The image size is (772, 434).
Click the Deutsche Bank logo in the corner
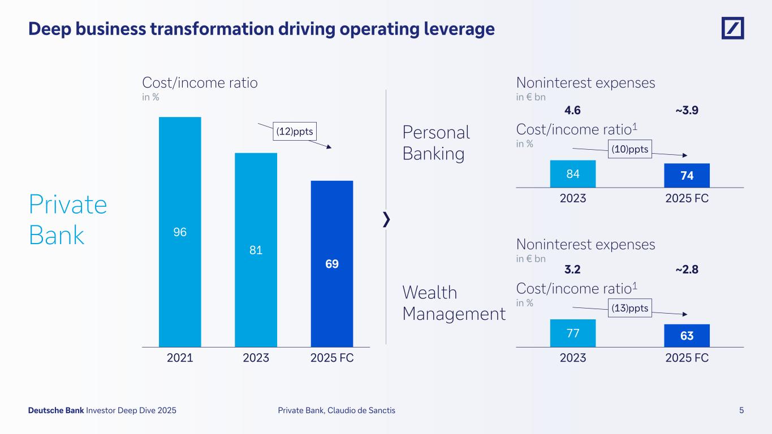pyautogui.click(x=732, y=28)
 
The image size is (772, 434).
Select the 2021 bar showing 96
pyautogui.click(x=180, y=232)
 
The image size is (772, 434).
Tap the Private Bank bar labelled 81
pyautogui.click(x=256, y=249)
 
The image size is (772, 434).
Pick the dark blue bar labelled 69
pyautogui.click(x=332, y=263)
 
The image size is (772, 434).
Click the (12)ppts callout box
pyautogui.click(x=294, y=132)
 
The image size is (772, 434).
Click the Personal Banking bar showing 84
pyautogui.click(x=573, y=173)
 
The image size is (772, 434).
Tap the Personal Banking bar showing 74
pyautogui.click(x=687, y=175)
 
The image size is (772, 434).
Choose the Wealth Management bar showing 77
pyautogui.click(x=573, y=333)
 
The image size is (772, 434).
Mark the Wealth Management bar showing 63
pyautogui.click(x=687, y=335)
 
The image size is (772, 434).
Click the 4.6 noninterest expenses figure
pyautogui.click(x=573, y=110)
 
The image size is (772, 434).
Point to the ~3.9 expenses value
pyautogui.click(x=687, y=110)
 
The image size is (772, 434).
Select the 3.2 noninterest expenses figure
pyautogui.click(x=573, y=270)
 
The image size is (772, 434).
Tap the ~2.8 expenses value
pyautogui.click(x=687, y=270)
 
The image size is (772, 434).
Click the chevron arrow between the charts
pyautogui.click(x=386, y=220)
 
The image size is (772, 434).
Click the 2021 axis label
pyautogui.click(x=180, y=358)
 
